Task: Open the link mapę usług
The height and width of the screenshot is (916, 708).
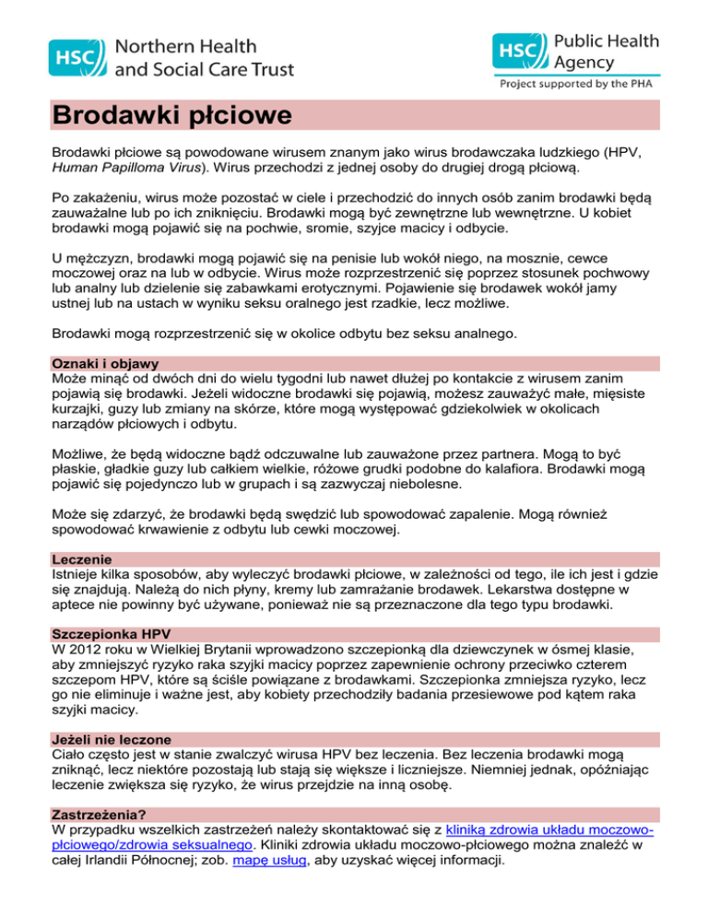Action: (267, 862)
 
